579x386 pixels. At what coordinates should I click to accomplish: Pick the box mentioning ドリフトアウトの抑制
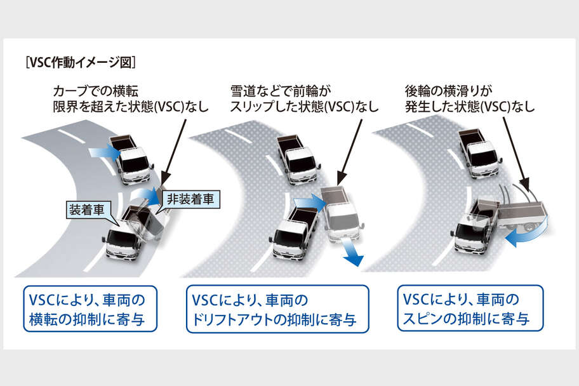pyautogui.click(x=278, y=309)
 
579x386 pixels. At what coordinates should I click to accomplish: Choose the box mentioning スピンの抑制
pyautogui.click(x=470, y=308)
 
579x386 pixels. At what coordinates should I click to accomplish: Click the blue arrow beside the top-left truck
pyautogui.click(x=102, y=152)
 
